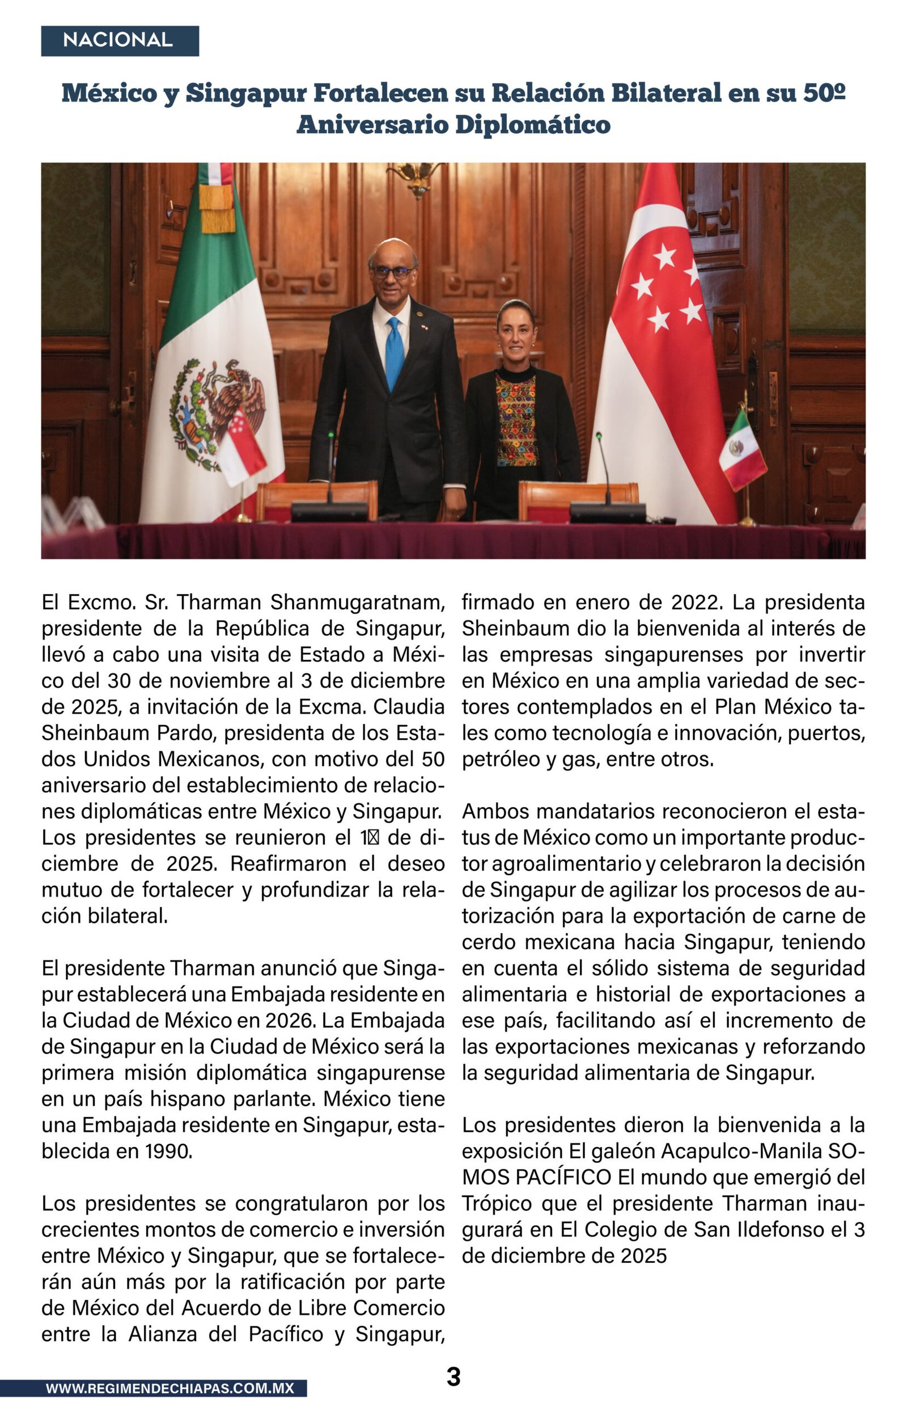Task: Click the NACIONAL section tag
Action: click(120, 41)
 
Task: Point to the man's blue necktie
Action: click(394, 353)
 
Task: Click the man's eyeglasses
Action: click(391, 272)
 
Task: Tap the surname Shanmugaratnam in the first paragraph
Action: click(357, 602)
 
